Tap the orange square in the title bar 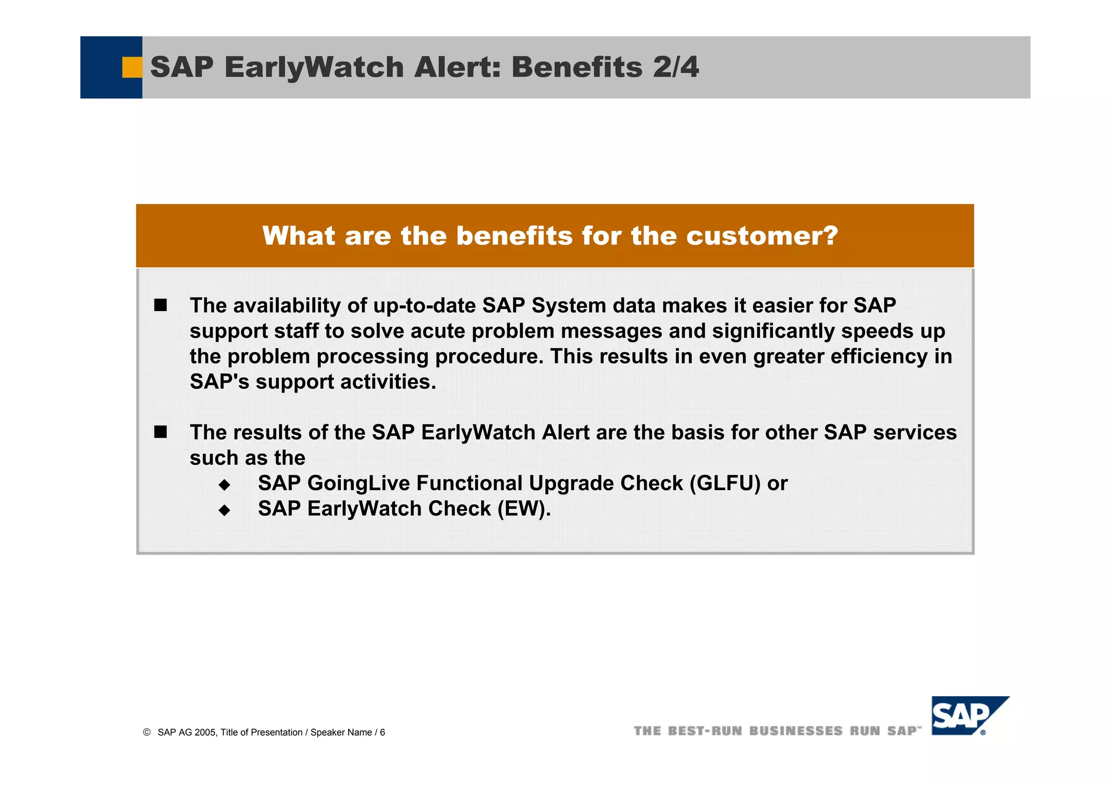(132, 67)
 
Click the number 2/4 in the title (676, 67)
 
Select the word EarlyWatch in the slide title (314, 67)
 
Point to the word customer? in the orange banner (762, 236)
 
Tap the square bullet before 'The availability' (161, 305)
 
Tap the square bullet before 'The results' (161, 432)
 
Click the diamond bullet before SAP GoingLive (225, 484)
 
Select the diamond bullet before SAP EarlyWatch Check (225, 510)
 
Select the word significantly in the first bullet (774, 331)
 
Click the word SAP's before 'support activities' (219, 382)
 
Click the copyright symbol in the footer (146, 732)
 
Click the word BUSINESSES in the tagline (796, 731)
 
